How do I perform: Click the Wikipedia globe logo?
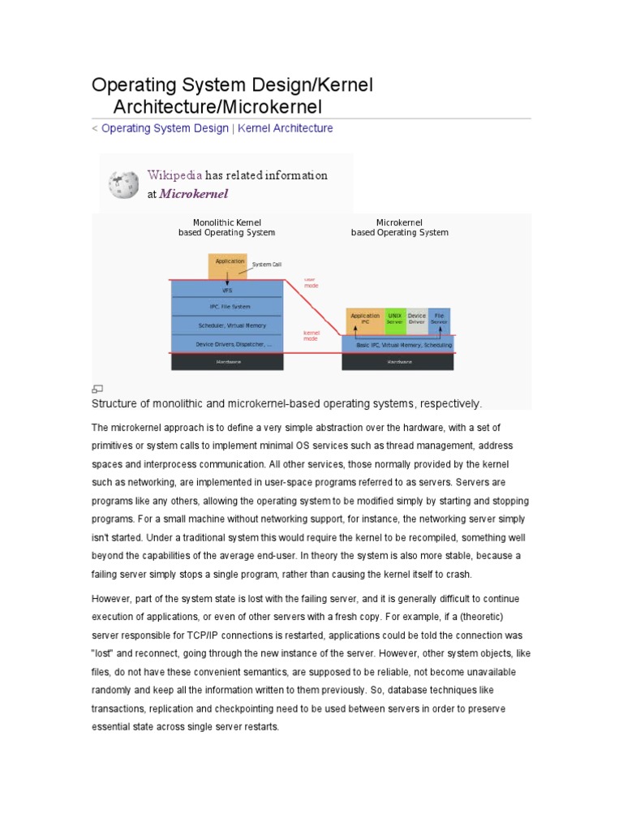coord(124,183)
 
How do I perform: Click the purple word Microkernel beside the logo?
coord(194,194)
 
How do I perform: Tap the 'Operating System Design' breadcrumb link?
coord(165,128)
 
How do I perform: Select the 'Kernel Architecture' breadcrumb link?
coord(285,128)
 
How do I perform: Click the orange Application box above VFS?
coord(227,265)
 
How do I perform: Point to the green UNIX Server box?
coord(395,319)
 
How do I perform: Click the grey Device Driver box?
coord(417,319)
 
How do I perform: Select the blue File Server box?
coord(439,319)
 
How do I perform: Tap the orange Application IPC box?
coord(365,319)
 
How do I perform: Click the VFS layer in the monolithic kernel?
coord(227,289)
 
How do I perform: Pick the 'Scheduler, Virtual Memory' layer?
coord(227,325)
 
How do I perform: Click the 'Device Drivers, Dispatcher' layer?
coord(227,344)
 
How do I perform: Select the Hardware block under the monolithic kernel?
coord(227,362)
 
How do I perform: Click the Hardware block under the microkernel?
coord(398,362)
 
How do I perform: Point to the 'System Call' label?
coord(267,265)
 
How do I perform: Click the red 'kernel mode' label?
coord(311,335)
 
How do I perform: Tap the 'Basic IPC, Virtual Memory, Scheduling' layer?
coord(398,344)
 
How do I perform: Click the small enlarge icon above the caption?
coord(97,389)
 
